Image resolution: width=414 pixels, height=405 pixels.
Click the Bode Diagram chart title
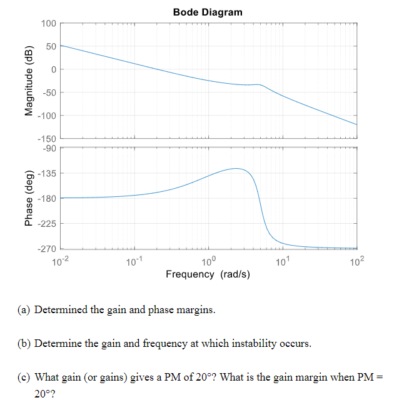(208, 12)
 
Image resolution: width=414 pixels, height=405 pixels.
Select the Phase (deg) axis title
(29, 198)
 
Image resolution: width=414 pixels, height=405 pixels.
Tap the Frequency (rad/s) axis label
(208, 274)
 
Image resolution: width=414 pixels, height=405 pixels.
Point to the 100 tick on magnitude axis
(48, 23)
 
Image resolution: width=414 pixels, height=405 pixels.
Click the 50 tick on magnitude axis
(51, 46)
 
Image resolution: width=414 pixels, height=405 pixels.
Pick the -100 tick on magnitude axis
(46, 116)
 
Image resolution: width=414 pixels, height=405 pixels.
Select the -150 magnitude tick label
(46, 138)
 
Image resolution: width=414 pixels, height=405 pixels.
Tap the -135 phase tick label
(46, 173)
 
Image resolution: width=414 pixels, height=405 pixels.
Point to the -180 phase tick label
(46, 199)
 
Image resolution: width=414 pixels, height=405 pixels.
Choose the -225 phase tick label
(46, 224)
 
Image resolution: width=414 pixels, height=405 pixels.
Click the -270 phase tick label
(46, 249)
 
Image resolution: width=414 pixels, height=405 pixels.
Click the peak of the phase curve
(236, 168)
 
